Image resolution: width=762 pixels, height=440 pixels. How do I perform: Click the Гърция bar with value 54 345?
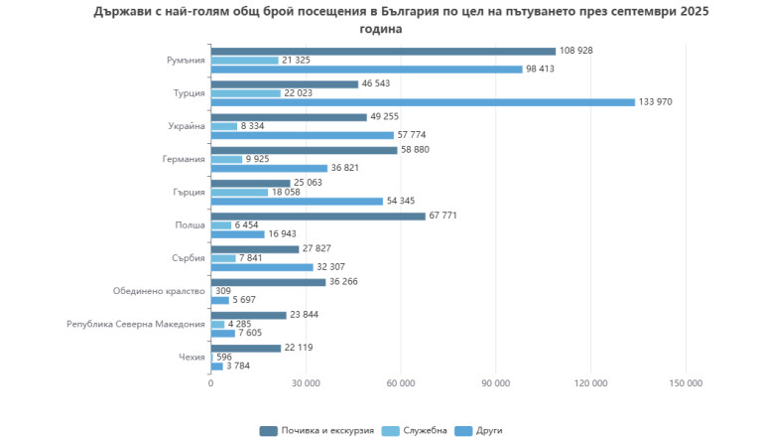[x=297, y=202]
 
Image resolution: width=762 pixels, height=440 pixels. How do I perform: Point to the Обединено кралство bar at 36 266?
[x=268, y=282]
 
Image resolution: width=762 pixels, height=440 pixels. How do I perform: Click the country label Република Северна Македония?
[x=136, y=324]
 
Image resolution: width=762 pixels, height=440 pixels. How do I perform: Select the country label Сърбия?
[x=189, y=258]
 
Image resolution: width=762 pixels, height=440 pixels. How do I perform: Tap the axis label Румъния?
[x=187, y=61]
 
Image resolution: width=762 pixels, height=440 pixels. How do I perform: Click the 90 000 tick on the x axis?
[x=495, y=383]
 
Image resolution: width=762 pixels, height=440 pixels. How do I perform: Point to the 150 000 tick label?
[x=686, y=383]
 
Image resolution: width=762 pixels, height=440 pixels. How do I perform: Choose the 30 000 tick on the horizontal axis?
[x=306, y=383]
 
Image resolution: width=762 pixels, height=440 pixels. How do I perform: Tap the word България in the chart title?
[x=412, y=12]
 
